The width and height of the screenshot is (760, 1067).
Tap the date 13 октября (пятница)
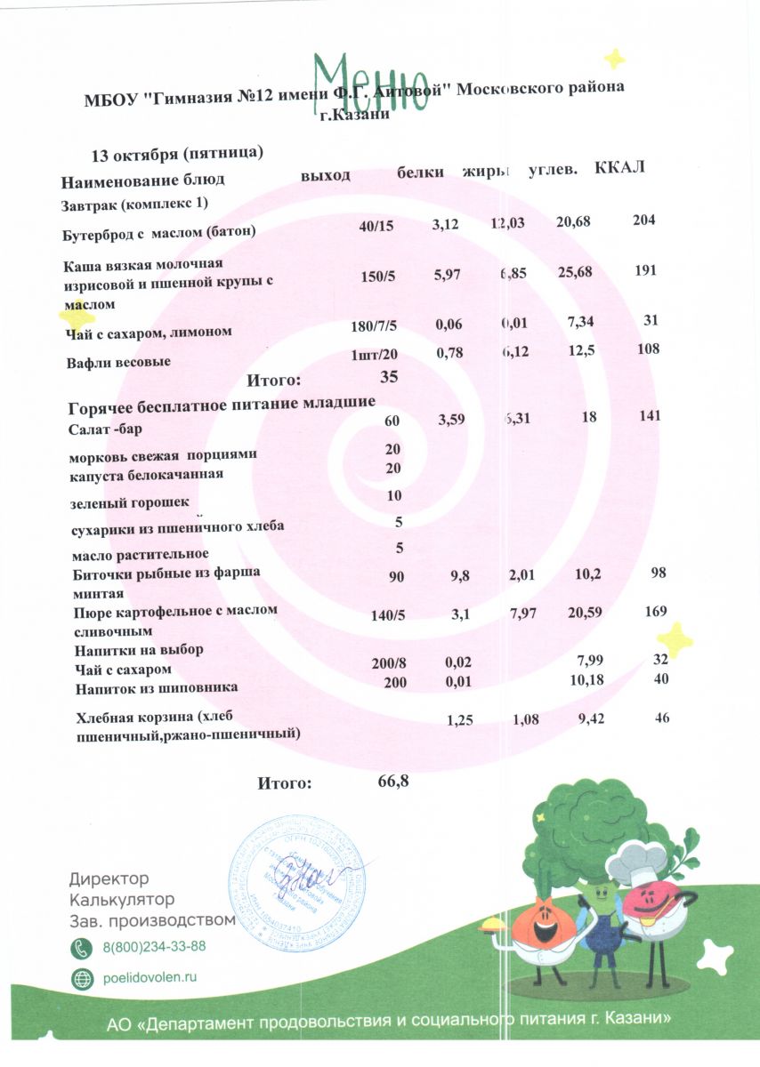[x=177, y=154]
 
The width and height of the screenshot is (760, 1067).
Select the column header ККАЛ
[x=619, y=169]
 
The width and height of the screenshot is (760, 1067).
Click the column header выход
[x=326, y=174]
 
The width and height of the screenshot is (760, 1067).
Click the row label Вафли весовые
[x=118, y=363]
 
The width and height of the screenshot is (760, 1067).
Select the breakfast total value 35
[x=389, y=377]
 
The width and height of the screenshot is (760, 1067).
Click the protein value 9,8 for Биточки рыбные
[x=460, y=576]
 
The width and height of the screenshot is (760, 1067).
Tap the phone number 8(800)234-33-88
[x=155, y=946]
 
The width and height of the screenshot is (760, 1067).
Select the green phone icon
[x=82, y=946]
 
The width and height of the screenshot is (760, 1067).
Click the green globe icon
[x=82, y=977]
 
